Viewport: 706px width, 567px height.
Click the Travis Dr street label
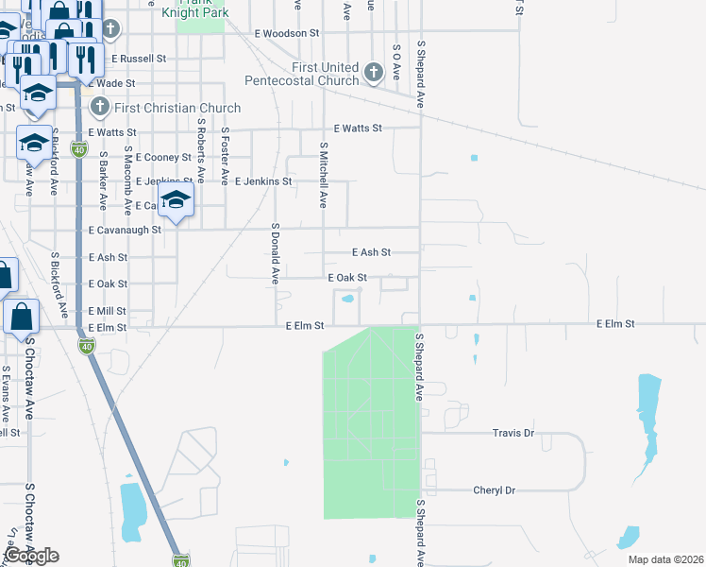513,433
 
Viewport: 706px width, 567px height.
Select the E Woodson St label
287,33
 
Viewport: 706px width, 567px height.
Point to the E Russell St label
139,58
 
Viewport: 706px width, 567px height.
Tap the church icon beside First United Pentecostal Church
373,72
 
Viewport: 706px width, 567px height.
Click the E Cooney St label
164,157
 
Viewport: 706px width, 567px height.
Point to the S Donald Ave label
276,253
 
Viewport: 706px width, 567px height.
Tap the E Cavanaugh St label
126,230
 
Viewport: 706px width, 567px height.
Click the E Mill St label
107,311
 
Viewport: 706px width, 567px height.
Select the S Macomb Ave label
127,181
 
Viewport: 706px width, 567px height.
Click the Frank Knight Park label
200,9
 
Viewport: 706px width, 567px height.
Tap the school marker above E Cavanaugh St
176,200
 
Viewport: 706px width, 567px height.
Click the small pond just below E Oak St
347,301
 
